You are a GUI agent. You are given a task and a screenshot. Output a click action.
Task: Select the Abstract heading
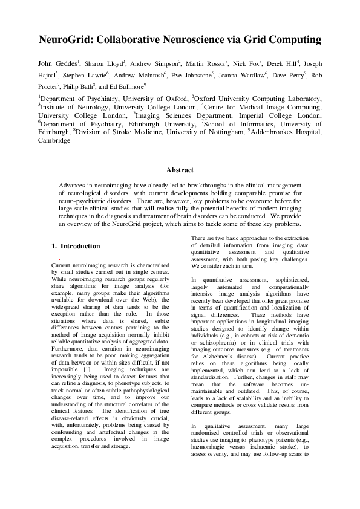[x=180, y=170]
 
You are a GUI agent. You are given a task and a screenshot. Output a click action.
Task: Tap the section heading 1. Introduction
[x=76, y=247]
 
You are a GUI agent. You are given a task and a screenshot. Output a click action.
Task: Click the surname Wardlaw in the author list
[x=268, y=74]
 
